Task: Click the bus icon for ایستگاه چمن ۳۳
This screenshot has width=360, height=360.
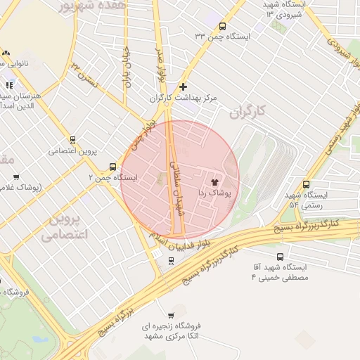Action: click(222, 26)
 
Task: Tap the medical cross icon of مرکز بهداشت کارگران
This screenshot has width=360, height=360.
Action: click(184, 87)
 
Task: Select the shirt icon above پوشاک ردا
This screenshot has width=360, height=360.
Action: click(214, 181)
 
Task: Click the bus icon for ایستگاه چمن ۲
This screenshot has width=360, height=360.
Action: click(113, 167)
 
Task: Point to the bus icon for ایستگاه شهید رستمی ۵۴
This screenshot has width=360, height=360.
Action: click(306, 184)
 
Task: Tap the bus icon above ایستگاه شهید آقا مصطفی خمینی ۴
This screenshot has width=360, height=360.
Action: click(281, 257)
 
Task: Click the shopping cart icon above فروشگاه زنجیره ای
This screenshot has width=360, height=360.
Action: click(171, 315)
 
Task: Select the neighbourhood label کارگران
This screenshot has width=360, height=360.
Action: click(250, 111)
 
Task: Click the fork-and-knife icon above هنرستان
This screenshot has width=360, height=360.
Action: click(9, 85)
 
